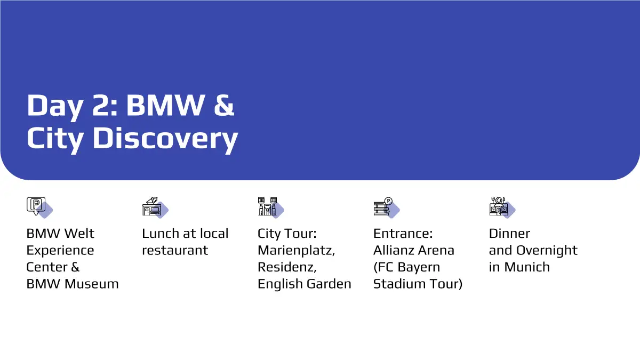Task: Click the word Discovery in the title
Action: pos(165,139)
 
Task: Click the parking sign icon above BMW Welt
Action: pos(36,206)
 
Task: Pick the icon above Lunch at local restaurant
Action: pos(151,206)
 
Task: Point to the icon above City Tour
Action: pos(267,206)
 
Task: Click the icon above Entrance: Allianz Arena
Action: pos(383,206)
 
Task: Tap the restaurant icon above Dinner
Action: pos(499,206)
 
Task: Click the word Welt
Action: pos(79,234)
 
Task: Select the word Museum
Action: pos(91,284)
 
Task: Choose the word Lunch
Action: pos(161,234)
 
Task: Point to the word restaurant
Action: pos(175,250)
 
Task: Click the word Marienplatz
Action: pos(296,251)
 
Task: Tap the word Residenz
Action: pos(287,267)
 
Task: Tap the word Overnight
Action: pos(547,251)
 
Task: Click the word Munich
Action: pos(527,267)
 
